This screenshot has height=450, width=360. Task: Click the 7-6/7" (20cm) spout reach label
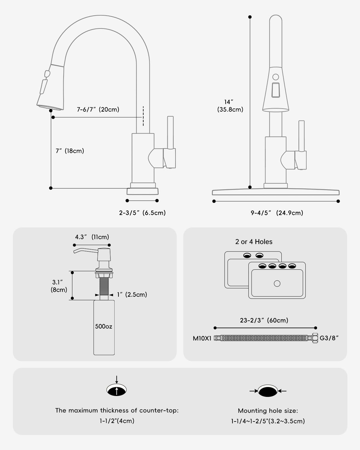[x=98, y=109]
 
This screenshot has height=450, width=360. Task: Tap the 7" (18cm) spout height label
[x=70, y=151]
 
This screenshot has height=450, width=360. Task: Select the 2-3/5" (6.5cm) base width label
[x=142, y=213]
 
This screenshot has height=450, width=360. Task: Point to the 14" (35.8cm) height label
[x=230, y=106]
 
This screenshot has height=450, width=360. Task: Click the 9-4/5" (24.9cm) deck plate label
[x=277, y=213]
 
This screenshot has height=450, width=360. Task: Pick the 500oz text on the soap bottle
[x=104, y=326]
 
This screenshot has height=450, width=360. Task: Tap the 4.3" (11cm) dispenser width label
[x=92, y=237]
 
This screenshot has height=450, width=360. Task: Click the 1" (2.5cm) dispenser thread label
[x=132, y=295]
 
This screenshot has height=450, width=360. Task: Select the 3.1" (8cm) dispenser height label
[x=59, y=286]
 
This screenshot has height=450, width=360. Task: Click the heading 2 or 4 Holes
[x=254, y=242]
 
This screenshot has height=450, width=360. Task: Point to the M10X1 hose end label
[x=202, y=338]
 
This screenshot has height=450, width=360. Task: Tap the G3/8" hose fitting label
[x=329, y=338]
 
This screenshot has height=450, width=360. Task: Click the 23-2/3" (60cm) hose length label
[x=264, y=320]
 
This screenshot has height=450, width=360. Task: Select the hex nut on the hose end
[x=315, y=338]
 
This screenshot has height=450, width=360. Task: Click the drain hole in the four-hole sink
[x=277, y=283]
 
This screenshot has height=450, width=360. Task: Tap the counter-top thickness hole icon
[x=117, y=390]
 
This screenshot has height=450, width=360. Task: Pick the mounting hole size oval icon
[x=268, y=391]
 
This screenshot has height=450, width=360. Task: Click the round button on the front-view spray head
[x=276, y=77]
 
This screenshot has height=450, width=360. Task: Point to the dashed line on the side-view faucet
[x=143, y=116]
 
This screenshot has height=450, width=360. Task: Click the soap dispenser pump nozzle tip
[x=75, y=252]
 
